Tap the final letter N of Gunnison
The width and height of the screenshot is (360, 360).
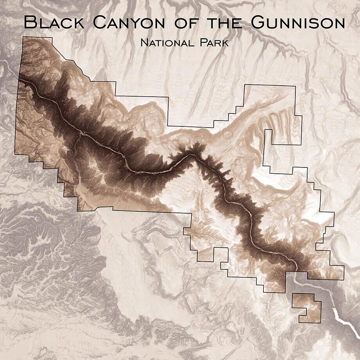[338, 23]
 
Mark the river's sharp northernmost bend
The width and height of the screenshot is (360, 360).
[191, 155]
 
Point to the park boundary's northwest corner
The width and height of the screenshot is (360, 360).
[23, 37]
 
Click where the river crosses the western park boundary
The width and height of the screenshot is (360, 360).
[19, 79]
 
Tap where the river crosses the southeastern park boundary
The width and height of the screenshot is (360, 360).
[296, 271]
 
